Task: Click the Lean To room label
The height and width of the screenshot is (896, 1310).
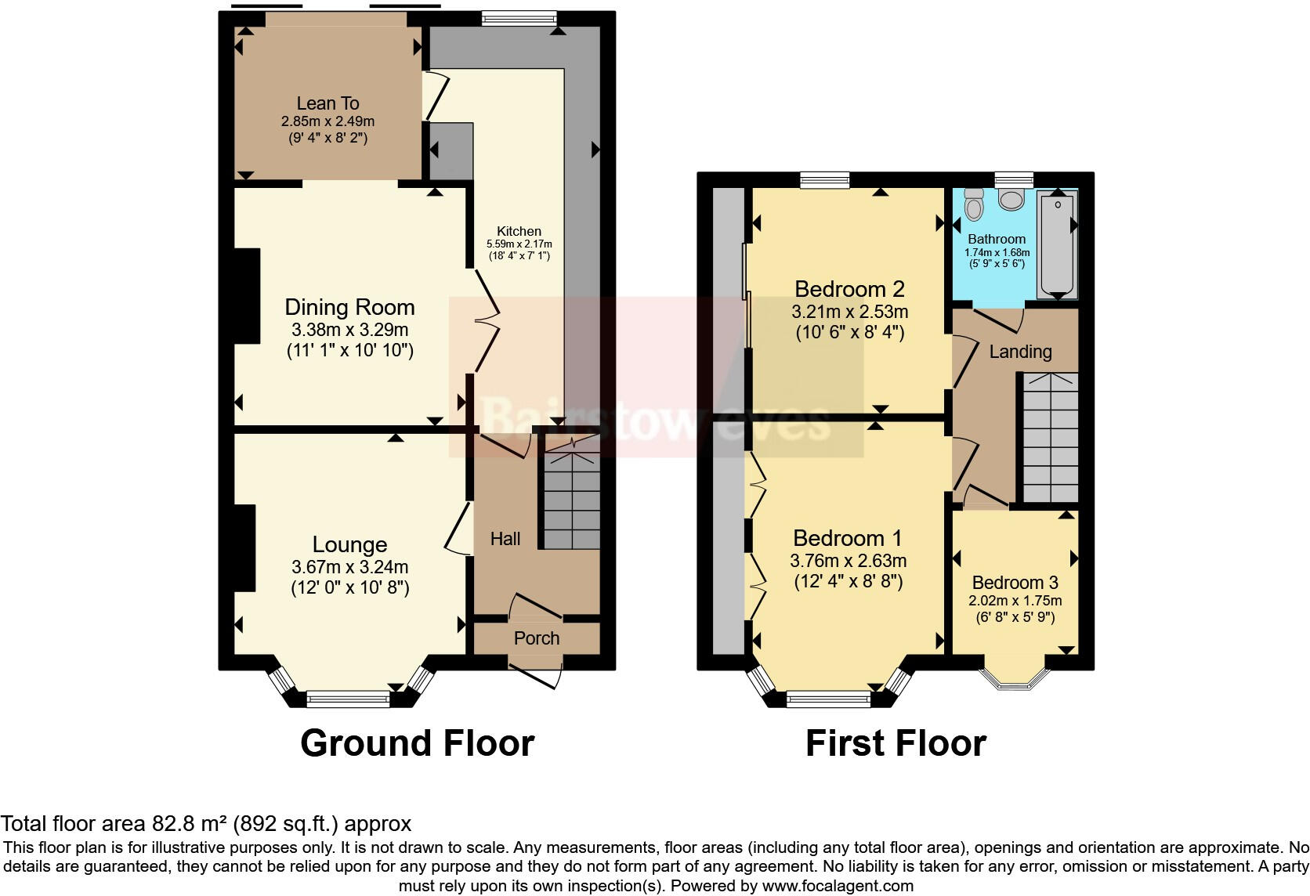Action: pyautogui.click(x=327, y=103)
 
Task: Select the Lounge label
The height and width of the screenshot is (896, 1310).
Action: pyautogui.click(x=349, y=544)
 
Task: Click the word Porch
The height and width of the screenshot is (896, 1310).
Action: pyautogui.click(x=537, y=638)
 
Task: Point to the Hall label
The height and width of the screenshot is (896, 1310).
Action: pyautogui.click(x=505, y=539)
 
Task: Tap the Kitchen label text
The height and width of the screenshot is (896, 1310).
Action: pyautogui.click(x=519, y=231)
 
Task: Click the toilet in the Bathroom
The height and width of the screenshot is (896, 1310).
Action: pyautogui.click(x=974, y=204)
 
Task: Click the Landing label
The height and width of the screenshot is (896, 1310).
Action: pyautogui.click(x=1020, y=352)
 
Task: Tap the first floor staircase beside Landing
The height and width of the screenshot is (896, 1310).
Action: pyautogui.click(x=1051, y=439)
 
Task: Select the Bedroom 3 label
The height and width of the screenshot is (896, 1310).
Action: pyautogui.click(x=1015, y=583)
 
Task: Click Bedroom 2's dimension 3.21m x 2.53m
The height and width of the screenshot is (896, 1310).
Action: pyautogui.click(x=849, y=312)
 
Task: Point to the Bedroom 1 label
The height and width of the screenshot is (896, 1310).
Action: pyautogui.click(x=847, y=538)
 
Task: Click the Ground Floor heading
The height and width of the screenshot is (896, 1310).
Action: pyautogui.click(x=417, y=743)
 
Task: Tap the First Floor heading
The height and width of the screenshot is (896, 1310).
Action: pyautogui.click(x=896, y=743)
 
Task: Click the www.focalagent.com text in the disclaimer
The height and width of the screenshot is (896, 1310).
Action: pyautogui.click(x=838, y=887)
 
